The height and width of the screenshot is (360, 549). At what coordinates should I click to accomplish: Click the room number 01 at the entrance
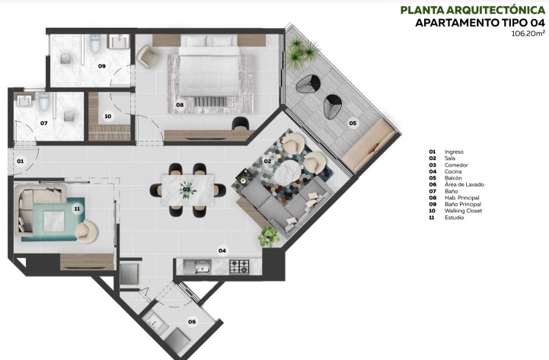[x=21, y=161]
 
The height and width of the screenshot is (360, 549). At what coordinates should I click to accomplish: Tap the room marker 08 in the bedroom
[x=180, y=104]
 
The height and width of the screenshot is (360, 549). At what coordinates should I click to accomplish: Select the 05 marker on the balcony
[x=353, y=123]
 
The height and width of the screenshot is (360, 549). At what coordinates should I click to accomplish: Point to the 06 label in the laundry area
[x=192, y=322]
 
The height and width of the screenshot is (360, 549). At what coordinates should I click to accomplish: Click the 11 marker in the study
[x=76, y=208]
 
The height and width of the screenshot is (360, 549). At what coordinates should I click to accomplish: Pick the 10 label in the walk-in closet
[x=108, y=116]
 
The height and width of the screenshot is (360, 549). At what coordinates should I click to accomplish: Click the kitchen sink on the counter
[x=203, y=266]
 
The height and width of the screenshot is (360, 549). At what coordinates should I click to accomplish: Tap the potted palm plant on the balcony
[x=306, y=52]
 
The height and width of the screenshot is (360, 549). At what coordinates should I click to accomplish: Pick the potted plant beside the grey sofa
[x=268, y=237]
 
